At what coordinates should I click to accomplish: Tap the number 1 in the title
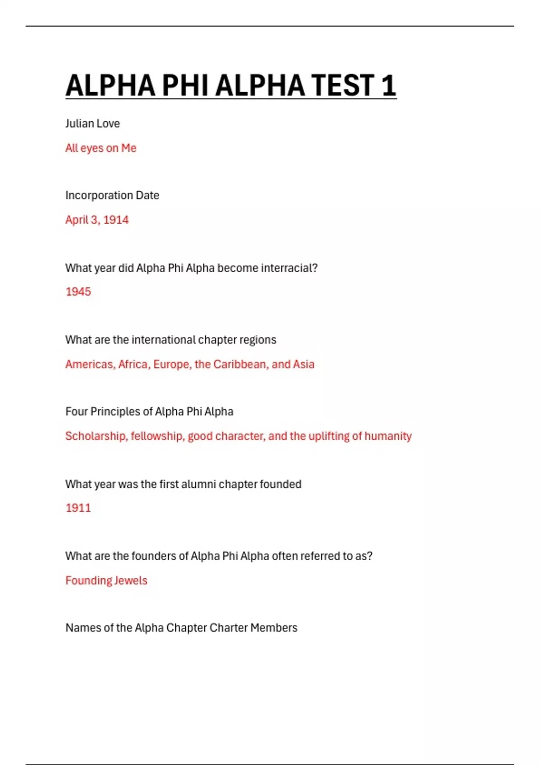(388, 85)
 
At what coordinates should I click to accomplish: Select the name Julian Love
(92, 124)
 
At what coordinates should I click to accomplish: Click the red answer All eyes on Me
(100, 148)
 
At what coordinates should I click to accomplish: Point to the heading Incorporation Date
(112, 195)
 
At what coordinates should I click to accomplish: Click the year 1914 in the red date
(116, 220)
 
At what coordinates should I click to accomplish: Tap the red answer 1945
(78, 292)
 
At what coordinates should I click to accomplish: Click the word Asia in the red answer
(303, 364)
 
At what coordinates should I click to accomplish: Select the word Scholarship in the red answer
(96, 436)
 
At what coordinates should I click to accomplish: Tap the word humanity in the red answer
(388, 436)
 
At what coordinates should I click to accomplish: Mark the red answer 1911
(78, 508)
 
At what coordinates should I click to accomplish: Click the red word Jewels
(131, 581)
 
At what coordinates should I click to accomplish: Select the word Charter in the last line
(228, 628)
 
